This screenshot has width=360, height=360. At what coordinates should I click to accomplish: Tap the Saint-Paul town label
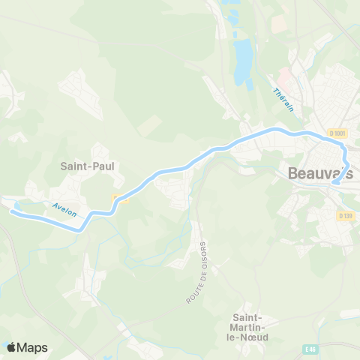coord(86,164)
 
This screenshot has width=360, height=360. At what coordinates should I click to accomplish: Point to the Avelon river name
coord(64,209)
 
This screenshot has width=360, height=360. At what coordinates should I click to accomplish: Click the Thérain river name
coord(283,99)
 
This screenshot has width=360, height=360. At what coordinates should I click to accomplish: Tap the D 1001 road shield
coord(337,133)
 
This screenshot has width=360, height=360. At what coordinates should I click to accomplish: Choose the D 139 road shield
coord(345,216)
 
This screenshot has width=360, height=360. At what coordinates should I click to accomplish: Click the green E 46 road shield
coord(310,349)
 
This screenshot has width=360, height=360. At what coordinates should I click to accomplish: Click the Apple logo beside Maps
coord(10,347)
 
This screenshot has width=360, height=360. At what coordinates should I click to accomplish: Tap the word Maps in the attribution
coord(32,347)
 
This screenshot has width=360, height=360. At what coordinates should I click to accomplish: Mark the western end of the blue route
coord(11,211)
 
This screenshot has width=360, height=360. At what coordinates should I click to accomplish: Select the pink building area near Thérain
coord(285,76)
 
